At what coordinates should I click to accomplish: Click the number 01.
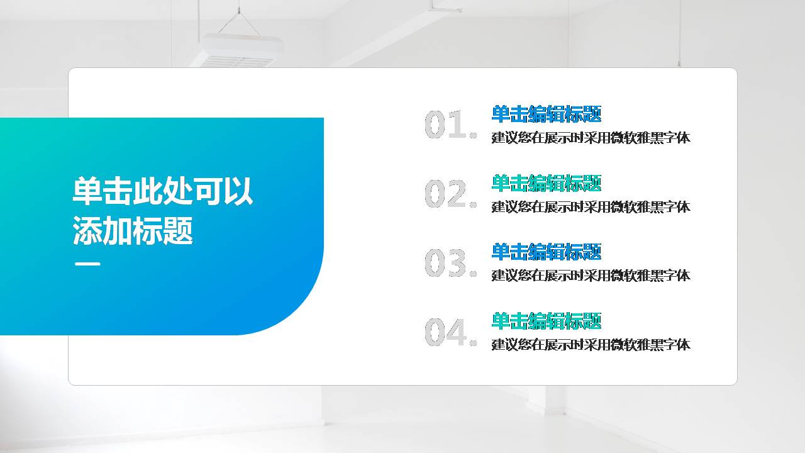click(450, 125)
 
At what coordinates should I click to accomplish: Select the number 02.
click(450, 194)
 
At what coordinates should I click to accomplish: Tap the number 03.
click(450, 263)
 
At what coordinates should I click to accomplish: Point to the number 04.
click(450, 332)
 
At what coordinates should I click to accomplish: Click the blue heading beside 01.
click(546, 114)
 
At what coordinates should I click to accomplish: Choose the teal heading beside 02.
click(546, 183)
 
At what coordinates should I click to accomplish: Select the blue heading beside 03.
click(546, 252)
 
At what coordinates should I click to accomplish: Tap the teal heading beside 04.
click(546, 321)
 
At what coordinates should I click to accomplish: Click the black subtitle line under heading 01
click(591, 138)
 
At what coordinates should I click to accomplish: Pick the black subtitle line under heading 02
click(591, 207)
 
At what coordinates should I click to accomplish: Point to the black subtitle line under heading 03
click(591, 276)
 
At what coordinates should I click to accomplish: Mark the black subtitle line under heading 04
click(591, 345)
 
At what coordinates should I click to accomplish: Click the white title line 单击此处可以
click(162, 191)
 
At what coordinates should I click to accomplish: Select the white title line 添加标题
click(132, 231)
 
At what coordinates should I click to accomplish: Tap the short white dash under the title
click(87, 264)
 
